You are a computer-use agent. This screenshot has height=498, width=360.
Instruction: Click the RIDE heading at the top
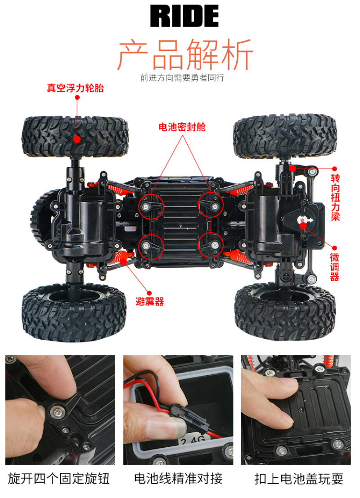coord(184,16)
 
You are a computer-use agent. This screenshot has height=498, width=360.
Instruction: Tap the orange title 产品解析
coord(185,54)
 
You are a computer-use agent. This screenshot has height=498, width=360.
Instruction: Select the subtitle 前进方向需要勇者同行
coord(182,77)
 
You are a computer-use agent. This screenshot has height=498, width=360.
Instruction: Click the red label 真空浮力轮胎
coord(75,88)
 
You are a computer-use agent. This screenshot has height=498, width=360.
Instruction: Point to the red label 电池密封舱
coord(182,127)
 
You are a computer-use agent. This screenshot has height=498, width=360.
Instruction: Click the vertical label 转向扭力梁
coord(335,197)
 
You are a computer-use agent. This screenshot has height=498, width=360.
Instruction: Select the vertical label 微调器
coord(334,267)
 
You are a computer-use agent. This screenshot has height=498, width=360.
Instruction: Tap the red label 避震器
coord(150,301)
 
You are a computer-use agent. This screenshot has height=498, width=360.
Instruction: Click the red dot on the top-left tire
coord(77,139)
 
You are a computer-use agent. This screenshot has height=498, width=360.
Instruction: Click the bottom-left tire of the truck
coord(74,313)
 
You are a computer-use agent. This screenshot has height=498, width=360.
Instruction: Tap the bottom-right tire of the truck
coord(285,311)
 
